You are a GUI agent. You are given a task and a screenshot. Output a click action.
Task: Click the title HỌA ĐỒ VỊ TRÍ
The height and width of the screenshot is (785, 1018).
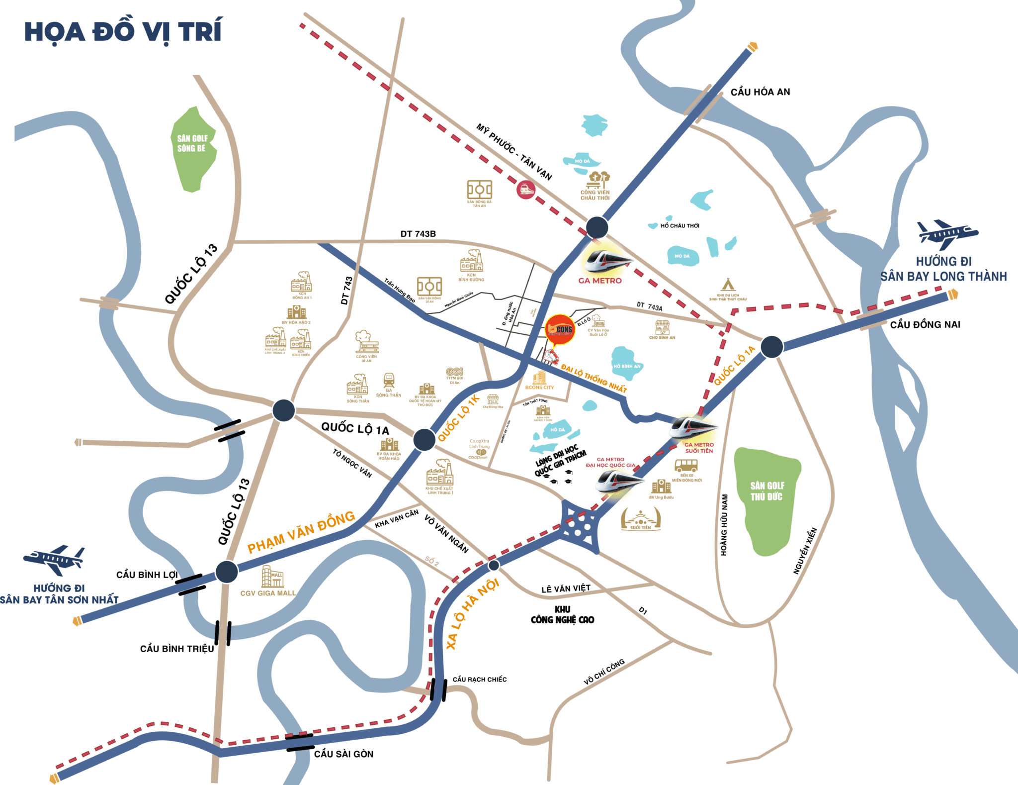click(123, 31)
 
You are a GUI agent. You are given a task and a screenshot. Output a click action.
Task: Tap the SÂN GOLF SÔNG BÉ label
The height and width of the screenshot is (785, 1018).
click(192, 143)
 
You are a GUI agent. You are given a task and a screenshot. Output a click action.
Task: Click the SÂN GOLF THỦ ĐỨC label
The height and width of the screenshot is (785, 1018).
click(767, 491)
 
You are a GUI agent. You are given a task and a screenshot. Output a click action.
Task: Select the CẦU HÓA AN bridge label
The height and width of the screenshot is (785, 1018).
click(760, 92)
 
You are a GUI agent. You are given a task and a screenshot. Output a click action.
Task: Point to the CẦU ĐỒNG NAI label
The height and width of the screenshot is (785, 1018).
click(925, 325)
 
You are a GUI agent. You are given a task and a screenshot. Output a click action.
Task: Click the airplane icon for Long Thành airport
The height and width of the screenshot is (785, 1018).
click(946, 234)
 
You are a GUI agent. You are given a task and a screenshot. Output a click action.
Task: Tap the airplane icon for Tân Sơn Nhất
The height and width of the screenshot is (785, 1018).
click(54, 560)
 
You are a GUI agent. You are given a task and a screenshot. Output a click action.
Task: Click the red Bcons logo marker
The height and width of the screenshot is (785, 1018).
click(560, 329)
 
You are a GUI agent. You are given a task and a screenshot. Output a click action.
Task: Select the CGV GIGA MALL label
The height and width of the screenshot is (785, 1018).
click(268, 593)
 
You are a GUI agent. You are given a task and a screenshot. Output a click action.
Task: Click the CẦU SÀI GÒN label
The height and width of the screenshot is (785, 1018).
click(343, 754)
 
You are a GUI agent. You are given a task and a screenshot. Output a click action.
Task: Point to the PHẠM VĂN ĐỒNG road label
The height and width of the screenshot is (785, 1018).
click(301, 532)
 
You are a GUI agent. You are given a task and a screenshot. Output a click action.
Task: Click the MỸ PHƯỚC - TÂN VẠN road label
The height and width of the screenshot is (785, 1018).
click(514, 151)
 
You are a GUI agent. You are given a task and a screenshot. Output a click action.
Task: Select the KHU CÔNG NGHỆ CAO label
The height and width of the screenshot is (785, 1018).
click(562, 614)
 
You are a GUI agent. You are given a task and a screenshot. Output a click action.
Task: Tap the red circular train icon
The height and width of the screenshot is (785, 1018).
click(526, 190)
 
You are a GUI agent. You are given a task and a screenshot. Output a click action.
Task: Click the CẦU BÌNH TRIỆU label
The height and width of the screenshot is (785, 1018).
click(177, 649)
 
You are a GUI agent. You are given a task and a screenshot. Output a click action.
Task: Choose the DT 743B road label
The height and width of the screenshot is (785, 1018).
click(418, 234)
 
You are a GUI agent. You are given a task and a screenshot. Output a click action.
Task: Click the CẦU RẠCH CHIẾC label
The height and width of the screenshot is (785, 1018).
click(480, 680)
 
